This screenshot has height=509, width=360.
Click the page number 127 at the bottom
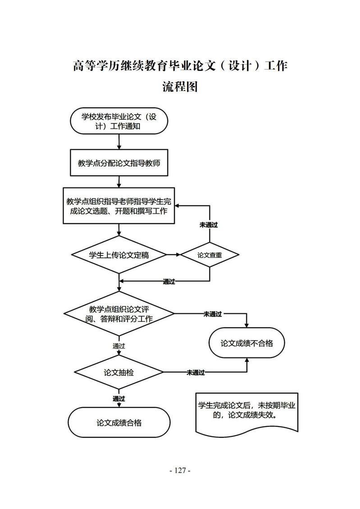(180, 470)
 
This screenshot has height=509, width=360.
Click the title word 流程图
(180, 86)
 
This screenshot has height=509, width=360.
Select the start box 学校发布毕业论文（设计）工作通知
(119, 121)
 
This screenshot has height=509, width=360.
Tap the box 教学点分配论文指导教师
(119, 163)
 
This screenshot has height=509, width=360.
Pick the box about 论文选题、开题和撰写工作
(119, 205)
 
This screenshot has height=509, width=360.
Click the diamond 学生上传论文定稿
(119, 255)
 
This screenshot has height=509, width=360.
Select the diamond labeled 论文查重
(210, 255)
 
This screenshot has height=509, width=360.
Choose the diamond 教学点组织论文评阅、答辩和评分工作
(119, 314)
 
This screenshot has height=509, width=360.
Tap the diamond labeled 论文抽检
(119, 373)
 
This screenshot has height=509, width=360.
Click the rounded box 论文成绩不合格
(246, 343)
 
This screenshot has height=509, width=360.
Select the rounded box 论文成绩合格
(119, 423)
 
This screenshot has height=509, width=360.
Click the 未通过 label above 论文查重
(209, 225)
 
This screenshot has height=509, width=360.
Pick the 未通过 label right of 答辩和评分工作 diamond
(213, 314)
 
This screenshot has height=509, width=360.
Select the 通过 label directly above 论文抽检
(119, 346)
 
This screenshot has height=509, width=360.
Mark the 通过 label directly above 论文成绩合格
(119, 399)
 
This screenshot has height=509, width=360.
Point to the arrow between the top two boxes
(119, 141)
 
